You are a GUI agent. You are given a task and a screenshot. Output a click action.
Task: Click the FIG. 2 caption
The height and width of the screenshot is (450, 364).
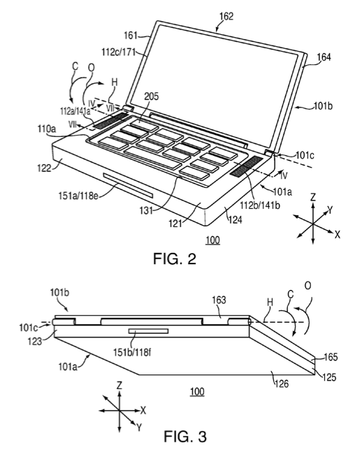(175, 259)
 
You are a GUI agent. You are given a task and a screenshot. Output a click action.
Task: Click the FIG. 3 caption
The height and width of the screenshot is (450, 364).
(185, 436)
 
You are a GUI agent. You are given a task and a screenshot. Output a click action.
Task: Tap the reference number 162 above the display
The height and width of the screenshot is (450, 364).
(226, 16)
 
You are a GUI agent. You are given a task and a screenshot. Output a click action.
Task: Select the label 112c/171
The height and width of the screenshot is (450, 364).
(118, 52)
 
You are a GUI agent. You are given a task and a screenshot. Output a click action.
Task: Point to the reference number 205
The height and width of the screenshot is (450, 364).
(151, 96)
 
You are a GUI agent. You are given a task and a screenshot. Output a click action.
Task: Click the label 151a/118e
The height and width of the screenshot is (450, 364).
(78, 196)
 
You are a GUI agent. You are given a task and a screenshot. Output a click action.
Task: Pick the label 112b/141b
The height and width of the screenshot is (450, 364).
(260, 205)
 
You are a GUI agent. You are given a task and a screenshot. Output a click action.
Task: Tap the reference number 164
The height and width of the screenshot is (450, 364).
(323, 57)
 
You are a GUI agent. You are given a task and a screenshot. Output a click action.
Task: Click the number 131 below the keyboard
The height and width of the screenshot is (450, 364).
(146, 210)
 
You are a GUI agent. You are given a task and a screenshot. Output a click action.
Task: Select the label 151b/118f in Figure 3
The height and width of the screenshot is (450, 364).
(132, 352)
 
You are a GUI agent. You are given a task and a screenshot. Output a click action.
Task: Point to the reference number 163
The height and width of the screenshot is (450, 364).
(219, 300)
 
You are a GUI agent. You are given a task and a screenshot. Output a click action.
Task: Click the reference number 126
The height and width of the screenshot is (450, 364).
(282, 384)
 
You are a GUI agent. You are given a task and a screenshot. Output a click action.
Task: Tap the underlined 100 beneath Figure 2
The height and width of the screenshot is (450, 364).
(212, 240)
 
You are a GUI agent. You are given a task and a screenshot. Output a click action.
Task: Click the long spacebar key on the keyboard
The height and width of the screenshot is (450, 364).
(152, 157)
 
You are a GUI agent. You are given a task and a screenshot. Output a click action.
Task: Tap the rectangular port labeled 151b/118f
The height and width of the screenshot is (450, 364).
(148, 331)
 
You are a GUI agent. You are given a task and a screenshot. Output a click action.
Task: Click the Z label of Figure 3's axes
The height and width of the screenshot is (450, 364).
(119, 385)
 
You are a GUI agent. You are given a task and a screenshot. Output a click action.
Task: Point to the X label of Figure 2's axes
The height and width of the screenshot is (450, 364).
(337, 235)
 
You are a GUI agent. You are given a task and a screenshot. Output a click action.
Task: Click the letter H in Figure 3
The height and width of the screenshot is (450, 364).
(270, 302)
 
